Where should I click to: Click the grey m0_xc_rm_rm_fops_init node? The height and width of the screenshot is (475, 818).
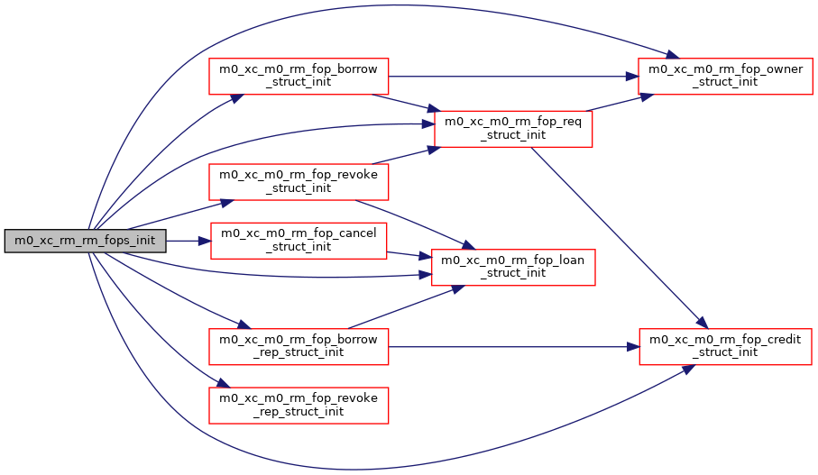86,241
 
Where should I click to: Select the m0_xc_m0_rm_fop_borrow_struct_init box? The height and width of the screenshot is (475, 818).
299,77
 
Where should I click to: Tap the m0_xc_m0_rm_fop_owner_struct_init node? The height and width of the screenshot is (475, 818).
725,77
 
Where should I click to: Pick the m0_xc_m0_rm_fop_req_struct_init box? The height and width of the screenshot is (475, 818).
512,129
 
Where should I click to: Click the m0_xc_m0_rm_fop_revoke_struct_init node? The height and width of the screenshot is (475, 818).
299,182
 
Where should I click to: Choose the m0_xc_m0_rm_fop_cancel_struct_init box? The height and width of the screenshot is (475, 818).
299,241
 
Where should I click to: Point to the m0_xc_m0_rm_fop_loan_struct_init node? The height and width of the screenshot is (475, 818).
512,268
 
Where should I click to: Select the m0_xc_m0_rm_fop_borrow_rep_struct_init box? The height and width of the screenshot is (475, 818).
299,346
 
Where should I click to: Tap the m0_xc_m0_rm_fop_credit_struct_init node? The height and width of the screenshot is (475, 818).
725,346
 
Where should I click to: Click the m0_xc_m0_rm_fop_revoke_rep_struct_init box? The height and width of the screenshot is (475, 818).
299,406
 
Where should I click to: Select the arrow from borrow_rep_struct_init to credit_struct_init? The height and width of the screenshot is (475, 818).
514,346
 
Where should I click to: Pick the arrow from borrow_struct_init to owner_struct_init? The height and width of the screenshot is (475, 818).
514,77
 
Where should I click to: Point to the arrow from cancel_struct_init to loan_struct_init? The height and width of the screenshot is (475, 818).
410,255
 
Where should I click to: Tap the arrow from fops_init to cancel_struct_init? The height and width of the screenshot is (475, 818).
189,241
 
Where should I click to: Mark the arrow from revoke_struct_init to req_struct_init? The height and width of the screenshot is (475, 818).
410,154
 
